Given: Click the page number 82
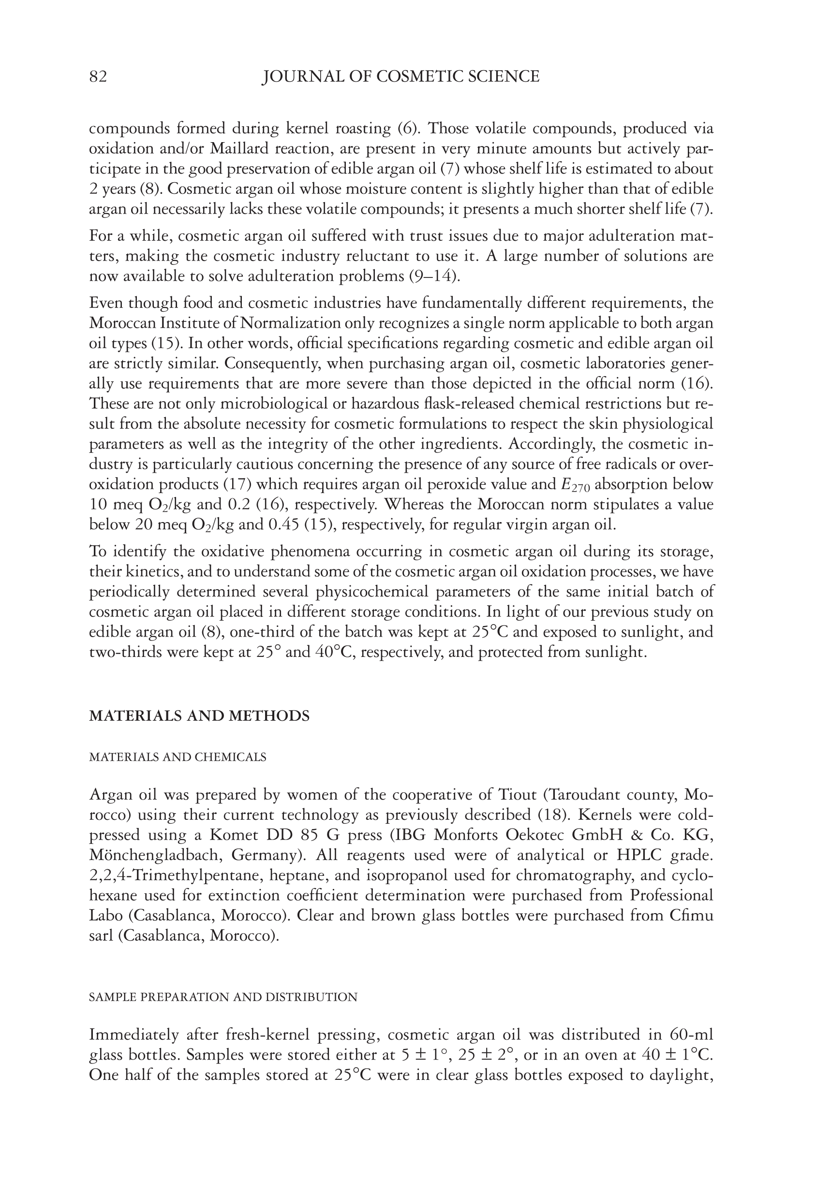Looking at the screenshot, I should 98,77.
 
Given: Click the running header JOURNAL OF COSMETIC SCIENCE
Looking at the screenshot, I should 401,77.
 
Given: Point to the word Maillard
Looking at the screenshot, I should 240,149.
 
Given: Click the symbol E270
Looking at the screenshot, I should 576,485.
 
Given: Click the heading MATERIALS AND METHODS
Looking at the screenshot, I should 199,716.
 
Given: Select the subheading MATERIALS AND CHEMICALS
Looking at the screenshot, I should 178,757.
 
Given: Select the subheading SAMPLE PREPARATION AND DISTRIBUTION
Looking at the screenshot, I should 223,997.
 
